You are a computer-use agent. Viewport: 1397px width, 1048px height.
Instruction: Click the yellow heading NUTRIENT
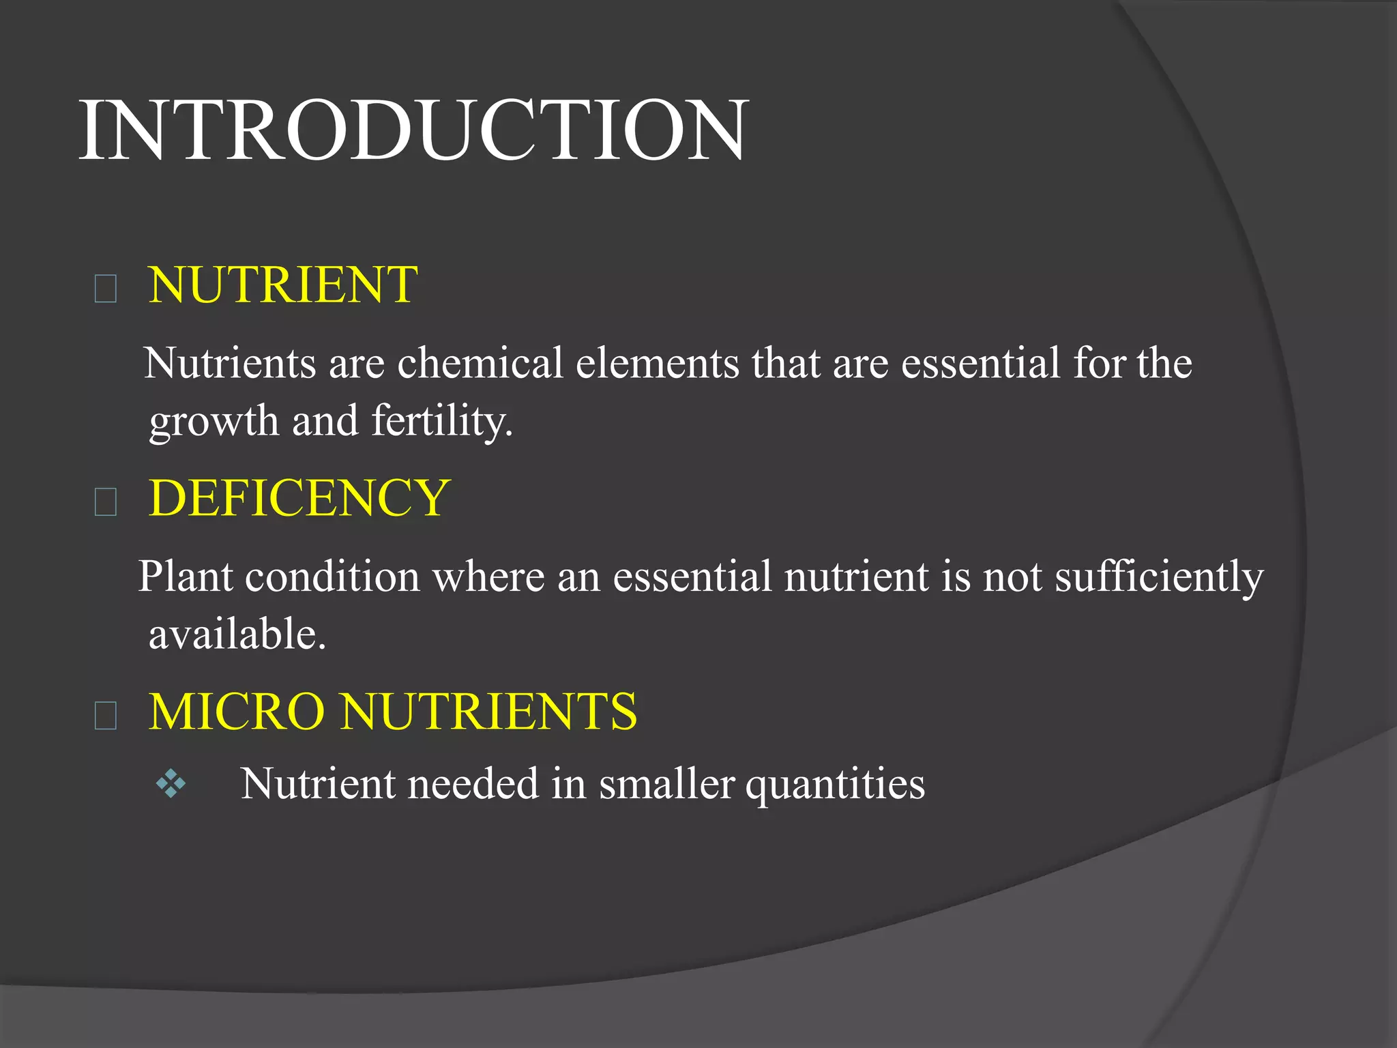tap(283, 285)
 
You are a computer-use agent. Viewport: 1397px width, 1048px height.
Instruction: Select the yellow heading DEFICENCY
tap(299, 498)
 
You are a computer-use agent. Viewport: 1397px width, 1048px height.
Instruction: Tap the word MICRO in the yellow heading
tap(237, 712)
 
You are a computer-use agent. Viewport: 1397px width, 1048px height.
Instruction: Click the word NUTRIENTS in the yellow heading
tap(489, 712)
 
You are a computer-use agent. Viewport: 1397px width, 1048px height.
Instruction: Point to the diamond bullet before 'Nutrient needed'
tap(171, 784)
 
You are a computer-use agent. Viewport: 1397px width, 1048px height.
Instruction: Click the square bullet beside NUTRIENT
tap(106, 289)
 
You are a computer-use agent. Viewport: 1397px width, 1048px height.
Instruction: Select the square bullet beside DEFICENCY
tap(106, 502)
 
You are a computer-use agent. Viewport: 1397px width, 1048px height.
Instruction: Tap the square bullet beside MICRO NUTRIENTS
tap(106, 716)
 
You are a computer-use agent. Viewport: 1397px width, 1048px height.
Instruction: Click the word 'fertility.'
tap(442, 420)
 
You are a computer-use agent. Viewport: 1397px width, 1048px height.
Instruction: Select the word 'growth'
tap(214, 422)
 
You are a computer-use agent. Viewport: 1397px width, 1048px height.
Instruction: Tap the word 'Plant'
tap(186, 577)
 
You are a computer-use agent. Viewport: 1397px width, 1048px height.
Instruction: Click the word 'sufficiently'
tap(1159, 577)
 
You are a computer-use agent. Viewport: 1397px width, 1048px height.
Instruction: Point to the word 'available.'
tap(237, 634)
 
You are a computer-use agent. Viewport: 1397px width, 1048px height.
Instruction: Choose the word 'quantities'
tap(835, 784)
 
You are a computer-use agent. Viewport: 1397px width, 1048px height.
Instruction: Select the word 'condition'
tap(332, 577)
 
